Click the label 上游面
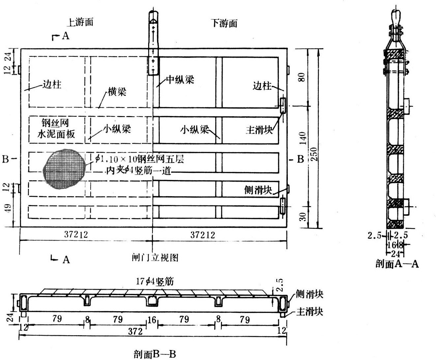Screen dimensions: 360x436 click(80, 22)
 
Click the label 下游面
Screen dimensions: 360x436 click(224, 23)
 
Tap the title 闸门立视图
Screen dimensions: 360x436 click(155, 257)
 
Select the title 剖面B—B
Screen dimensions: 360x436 click(155, 354)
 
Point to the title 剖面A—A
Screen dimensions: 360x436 click(397, 264)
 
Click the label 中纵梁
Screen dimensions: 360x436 click(180, 79)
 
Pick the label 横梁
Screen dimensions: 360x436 click(117, 92)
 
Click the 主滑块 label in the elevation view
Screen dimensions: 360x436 click(259, 130)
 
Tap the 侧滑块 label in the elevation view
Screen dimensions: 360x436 click(258, 190)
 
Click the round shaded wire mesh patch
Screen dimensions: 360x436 click(65, 168)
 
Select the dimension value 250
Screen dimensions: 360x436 click(314, 154)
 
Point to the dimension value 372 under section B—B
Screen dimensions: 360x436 click(135, 331)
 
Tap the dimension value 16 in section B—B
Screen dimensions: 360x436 click(152, 320)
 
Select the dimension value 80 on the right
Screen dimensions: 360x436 click(302, 77)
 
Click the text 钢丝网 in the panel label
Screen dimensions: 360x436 click(55, 123)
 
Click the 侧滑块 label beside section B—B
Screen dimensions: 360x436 click(309, 294)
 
